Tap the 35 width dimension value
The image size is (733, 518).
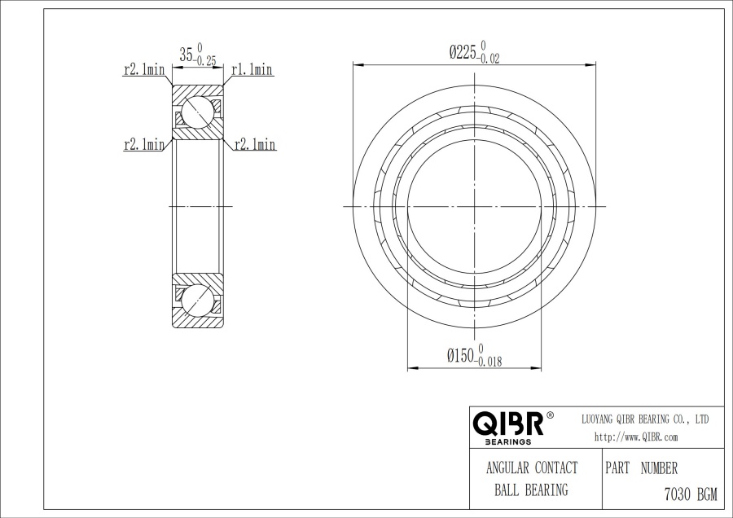point(186,55)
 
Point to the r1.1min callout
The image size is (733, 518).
point(252,70)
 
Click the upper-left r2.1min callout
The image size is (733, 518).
point(144,70)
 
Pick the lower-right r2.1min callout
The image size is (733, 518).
point(255,144)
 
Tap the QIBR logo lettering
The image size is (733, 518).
point(508,424)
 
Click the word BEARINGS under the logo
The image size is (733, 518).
point(508,441)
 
